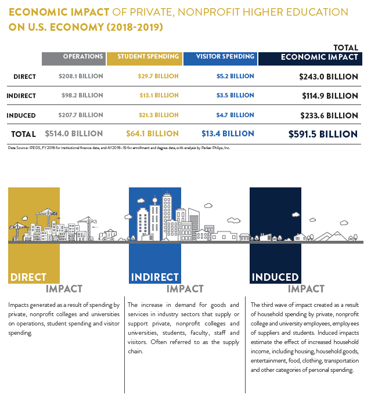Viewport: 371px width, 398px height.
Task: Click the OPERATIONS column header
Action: tap(83, 57)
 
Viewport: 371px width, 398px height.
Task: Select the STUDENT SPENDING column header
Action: tap(148, 57)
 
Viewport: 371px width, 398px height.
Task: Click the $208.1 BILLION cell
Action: tap(81, 76)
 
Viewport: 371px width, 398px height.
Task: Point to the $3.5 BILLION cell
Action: tap(235, 95)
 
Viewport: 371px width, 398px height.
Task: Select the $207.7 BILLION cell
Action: tap(81, 115)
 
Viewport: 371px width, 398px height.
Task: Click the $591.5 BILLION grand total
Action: tap(323, 134)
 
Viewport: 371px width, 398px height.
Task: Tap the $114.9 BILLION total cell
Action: tap(330, 96)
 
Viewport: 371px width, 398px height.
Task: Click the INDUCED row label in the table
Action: tap(21, 115)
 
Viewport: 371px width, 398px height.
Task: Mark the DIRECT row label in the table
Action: tap(24, 77)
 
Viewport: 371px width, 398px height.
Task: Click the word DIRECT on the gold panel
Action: tap(28, 277)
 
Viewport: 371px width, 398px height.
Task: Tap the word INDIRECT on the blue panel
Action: tap(154, 277)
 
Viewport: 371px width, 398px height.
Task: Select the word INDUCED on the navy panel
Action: tap(275, 277)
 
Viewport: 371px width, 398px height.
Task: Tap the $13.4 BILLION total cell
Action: tap(228, 134)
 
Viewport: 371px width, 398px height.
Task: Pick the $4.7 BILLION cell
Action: tap(235, 115)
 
